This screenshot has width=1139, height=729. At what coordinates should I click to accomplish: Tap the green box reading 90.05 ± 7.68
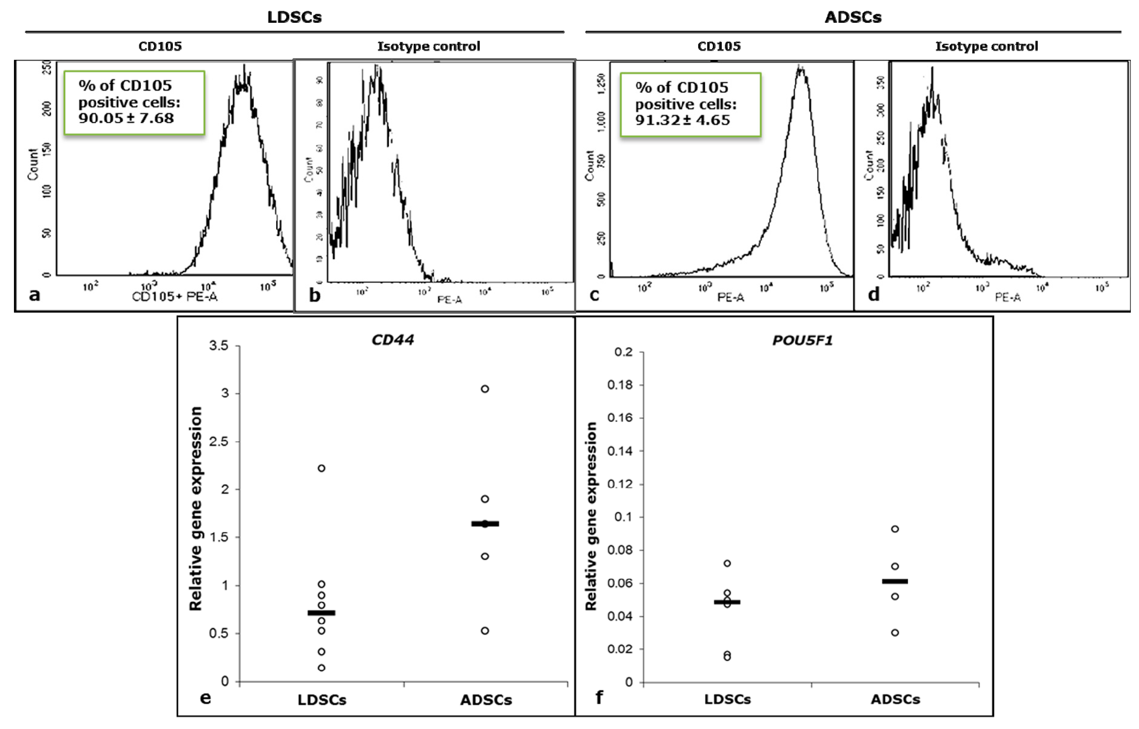coord(134,103)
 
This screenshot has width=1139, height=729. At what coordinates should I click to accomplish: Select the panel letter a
coord(34,295)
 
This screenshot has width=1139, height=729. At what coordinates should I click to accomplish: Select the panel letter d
coord(874,295)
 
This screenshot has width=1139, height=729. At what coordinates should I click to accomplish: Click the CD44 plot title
coord(393,340)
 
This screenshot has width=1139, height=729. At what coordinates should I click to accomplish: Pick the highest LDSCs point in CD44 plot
coord(321,468)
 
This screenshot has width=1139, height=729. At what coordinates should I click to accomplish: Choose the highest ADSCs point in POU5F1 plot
coord(895,529)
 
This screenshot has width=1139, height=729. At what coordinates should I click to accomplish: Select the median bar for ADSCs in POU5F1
coord(895,581)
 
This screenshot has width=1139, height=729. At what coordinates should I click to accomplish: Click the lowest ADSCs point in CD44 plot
coord(485,631)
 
